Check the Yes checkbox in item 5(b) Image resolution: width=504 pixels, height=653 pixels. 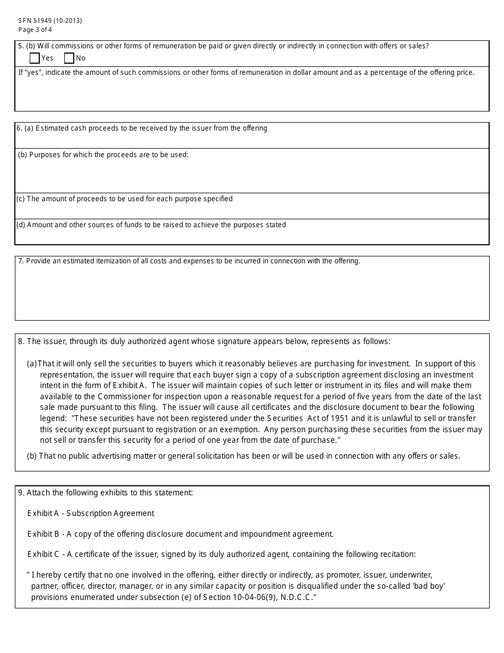(35, 58)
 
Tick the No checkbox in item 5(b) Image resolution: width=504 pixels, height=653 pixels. (69, 58)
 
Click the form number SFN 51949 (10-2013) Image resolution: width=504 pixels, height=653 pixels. (50, 21)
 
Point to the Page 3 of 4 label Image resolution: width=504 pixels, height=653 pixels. (35, 30)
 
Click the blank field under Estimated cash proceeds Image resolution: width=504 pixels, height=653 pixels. (251, 140)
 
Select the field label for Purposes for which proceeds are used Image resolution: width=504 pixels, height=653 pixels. (103, 155)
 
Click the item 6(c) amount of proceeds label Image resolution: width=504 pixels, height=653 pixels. (124, 199)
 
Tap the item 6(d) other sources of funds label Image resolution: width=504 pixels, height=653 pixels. (151, 225)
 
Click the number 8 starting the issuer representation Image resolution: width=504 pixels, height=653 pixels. (21, 341)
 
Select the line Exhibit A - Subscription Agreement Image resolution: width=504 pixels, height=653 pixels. (91, 513)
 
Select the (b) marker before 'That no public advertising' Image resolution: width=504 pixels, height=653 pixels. (32, 456)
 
